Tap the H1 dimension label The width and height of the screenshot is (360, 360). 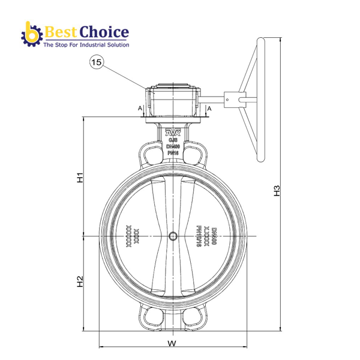(x=79, y=178)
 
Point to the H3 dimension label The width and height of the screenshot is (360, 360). (x=277, y=191)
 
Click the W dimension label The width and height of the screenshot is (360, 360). (x=172, y=344)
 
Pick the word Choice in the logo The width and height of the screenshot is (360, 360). (x=106, y=32)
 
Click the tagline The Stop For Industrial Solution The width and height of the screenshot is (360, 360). (x=85, y=45)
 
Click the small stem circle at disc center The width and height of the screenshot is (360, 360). (x=173, y=236)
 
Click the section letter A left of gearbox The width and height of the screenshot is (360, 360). (x=139, y=108)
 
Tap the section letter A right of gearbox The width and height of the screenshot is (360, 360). (x=209, y=108)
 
